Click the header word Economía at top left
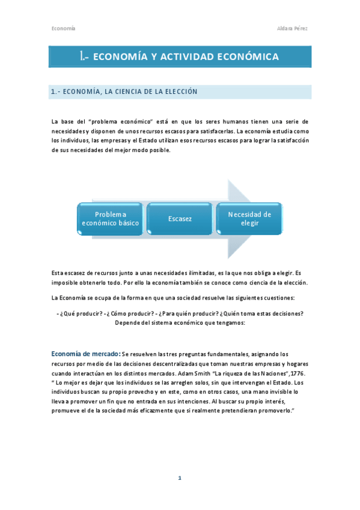pyautogui.click(x=63, y=28)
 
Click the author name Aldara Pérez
pyautogui.click(x=294, y=28)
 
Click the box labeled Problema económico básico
pyautogui.click(x=111, y=219)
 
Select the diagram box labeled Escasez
pyautogui.click(x=180, y=219)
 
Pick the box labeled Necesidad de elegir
pyautogui.click(x=249, y=218)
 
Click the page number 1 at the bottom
pyautogui.click(x=180, y=478)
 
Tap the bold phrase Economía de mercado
pyautogui.click(x=85, y=354)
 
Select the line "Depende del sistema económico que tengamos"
pyautogui.click(x=180, y=322)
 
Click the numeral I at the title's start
pyautogui.click(x=81, y=57)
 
